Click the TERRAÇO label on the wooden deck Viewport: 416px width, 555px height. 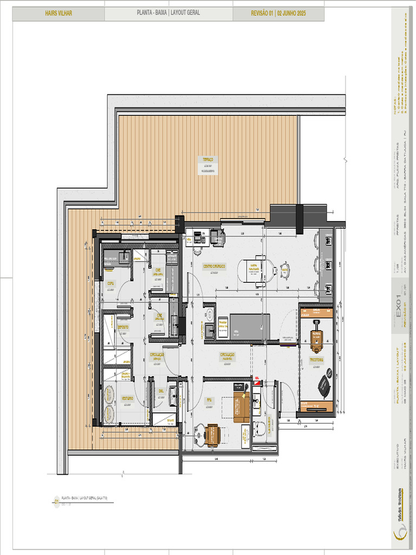pyautogui.click(x=208, y=160)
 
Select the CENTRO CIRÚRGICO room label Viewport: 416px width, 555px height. pyautogui.click(x=214, y=267)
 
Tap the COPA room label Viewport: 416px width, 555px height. pyautogui.click(x=111, y=283)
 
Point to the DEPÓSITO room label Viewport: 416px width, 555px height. pyautogui.click(x=123, y=328)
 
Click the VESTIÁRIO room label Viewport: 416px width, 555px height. pyautogui.click(x=127, y=398)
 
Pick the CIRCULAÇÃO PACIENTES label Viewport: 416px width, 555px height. pyautogui.click(x=227, y=355)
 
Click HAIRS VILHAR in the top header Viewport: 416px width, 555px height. pyautogui.click(x=58, y=14)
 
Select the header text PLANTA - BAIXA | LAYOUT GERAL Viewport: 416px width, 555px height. pyautogui.click(x=168, y=14)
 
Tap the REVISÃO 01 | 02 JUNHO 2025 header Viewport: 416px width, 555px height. pyautogui.click(x=278, y=14)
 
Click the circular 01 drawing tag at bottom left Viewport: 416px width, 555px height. pyautogui.click(x=56, y=502)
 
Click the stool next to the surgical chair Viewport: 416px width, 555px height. pyautogui.click(x=284, y=269)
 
